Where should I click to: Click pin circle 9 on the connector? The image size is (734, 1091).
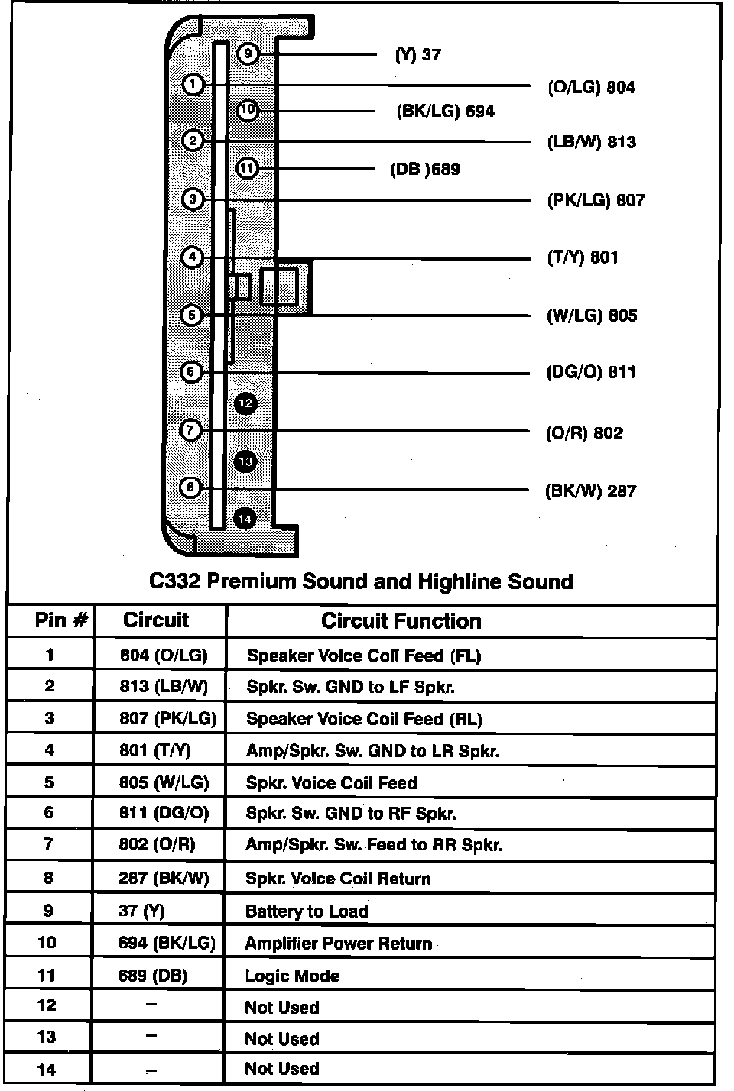coord(248,54)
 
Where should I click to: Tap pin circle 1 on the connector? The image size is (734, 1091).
coord(193,84)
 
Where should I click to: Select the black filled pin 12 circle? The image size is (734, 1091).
coord(245,403)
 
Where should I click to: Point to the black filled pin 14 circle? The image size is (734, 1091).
coord(245,520)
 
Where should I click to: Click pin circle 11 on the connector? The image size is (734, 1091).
coord(247,168)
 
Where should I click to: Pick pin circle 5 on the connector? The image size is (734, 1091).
coord(191,315)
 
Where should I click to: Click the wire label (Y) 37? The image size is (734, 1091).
coord(417,55)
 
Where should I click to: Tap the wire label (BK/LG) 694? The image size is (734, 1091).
coord(445,112)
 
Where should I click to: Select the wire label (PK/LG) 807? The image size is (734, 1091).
coord(596,200)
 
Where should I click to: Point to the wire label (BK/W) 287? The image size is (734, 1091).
coord(590,491)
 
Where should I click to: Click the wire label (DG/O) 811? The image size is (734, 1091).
coord(590,372)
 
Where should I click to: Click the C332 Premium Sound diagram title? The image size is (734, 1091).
coord(361,581)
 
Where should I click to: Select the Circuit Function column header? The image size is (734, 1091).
coord(401,621)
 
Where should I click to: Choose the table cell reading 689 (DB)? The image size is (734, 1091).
coord(153,976)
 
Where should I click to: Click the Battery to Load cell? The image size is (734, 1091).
coord(307,911)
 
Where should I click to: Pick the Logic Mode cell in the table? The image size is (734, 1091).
coord(292,976)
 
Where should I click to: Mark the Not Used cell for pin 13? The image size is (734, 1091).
coord(281,1039)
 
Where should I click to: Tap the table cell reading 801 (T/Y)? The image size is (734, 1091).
coord(154,750)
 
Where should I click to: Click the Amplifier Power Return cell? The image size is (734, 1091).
coord(338,944)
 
